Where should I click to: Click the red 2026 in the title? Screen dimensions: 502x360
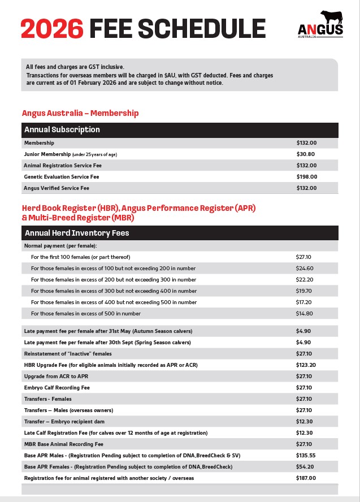pyautogui.click(x=51, y=29)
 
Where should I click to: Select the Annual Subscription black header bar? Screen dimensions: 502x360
pyautogui.click(x=180, y=129)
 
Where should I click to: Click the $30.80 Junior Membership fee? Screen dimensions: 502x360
pyautogui.click(x=306, y=154)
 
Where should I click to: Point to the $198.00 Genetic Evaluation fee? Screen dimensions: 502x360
pyautogui.click(x=307, y=177)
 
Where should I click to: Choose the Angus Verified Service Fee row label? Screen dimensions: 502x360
pyautogui.click(x=57, y=188)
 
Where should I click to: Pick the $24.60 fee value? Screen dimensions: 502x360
pyautogui.click(x=305, y=269)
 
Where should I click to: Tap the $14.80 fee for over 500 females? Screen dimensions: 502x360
pyautogui.click(x=305, y=314)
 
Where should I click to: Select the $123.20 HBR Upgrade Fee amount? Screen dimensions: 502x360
pyautogui.click(x=306, y=365)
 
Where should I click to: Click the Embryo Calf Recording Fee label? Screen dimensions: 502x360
pyautogui.click(x=57, y=388)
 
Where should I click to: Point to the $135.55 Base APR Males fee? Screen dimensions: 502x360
pyautogui.click(x=306, y=456)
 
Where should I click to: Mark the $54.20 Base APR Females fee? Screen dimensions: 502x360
pyautogui.click(x=305, y=467)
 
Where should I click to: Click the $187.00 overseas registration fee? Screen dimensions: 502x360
pyautogui.click(x=306, y=478)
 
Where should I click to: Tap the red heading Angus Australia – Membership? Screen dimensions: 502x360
pyautogui.click(x=80, y=113)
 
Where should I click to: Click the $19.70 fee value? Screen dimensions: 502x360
pyautogui.click(x=305, y=291)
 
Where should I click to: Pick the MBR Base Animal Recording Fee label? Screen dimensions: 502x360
pyautogui.click(x=64, y=444)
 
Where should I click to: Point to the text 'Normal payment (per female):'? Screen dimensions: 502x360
pyautogui.click(x=60, y=246)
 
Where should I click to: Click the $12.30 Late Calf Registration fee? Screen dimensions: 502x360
pyautogui.click(x=305, y=433)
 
